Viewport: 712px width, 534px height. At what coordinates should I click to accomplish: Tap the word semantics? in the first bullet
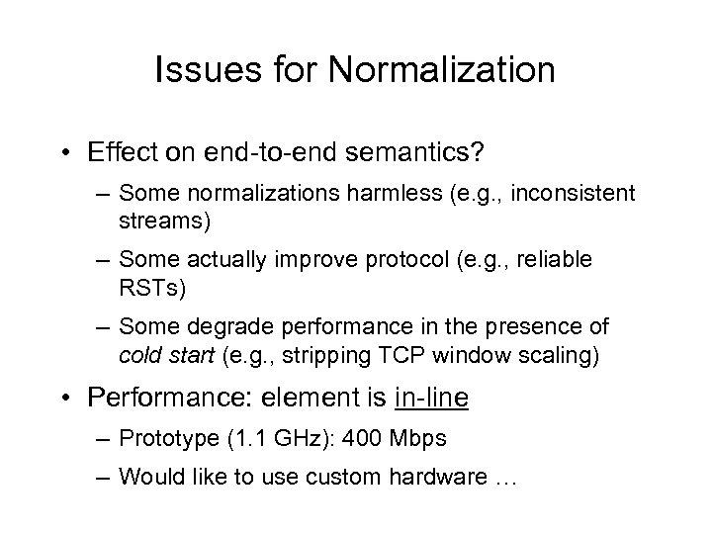pos(413,153)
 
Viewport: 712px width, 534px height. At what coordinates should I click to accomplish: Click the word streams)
pos(164,221)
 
